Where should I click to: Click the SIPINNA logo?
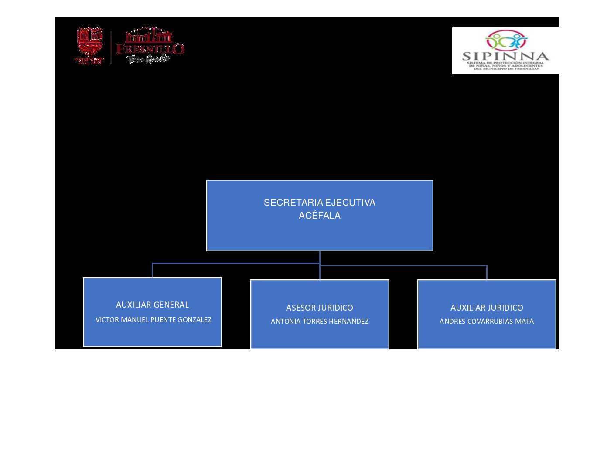pos(505,51)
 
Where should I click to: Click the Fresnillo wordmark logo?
pos(150,46)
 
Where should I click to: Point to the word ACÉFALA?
pos(320,216)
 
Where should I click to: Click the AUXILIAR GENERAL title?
pos(152,305)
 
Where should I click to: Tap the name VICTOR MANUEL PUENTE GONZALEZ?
pos(153,320)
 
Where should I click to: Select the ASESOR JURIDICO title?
pos(320,308)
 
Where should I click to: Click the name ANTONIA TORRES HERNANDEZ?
pos(320,322)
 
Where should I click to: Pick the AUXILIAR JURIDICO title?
pos(487,308)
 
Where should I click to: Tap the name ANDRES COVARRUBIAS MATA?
pos(487,322)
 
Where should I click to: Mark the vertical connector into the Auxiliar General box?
pos(152,270)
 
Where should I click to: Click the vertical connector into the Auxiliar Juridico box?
pos(487,272)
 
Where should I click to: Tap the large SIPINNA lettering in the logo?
pos(505,56)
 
